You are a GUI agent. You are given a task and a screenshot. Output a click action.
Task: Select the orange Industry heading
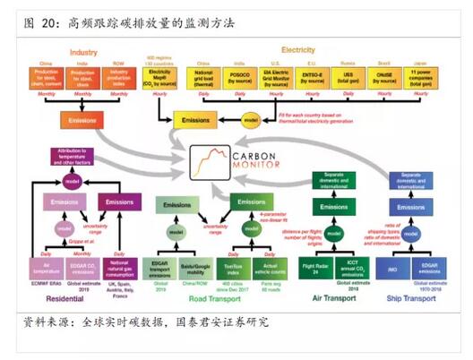click(83, 53)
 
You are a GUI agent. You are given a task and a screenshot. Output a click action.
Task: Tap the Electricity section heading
click(297, 50)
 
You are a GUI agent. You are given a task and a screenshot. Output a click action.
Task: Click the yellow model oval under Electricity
click(252, 120)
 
